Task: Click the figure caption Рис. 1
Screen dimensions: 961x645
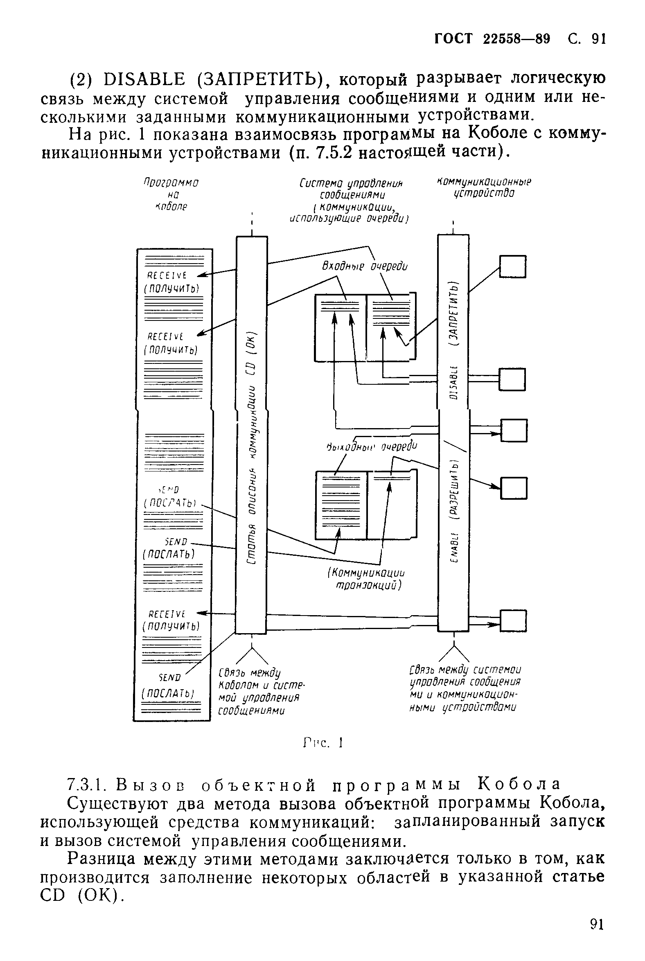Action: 323,743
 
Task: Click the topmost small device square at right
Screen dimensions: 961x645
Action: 512,266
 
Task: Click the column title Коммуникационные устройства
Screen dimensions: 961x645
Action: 483,187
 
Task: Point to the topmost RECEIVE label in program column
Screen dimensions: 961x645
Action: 167,275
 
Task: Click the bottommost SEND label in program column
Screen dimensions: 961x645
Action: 169,677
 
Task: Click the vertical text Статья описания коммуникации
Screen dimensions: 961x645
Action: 252,453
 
